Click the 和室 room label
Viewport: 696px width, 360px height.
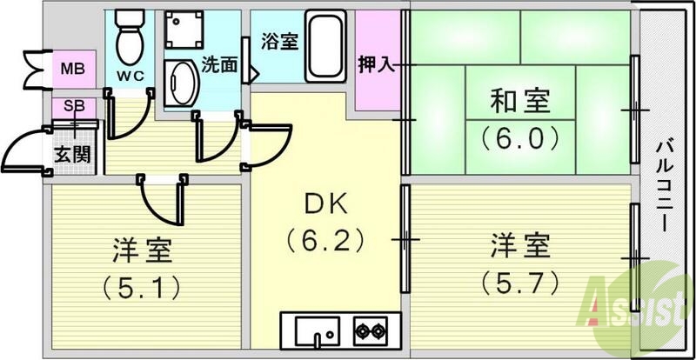click(519, 103)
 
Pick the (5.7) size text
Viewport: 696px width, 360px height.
click(519, 282)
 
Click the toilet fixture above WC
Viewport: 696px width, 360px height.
click(130, 34)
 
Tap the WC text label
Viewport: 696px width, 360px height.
click(130, 76)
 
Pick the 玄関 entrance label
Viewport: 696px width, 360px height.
click(70, 156)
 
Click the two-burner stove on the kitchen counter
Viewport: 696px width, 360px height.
click(369, 330)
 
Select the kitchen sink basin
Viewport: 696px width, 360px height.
click(314, 331)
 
